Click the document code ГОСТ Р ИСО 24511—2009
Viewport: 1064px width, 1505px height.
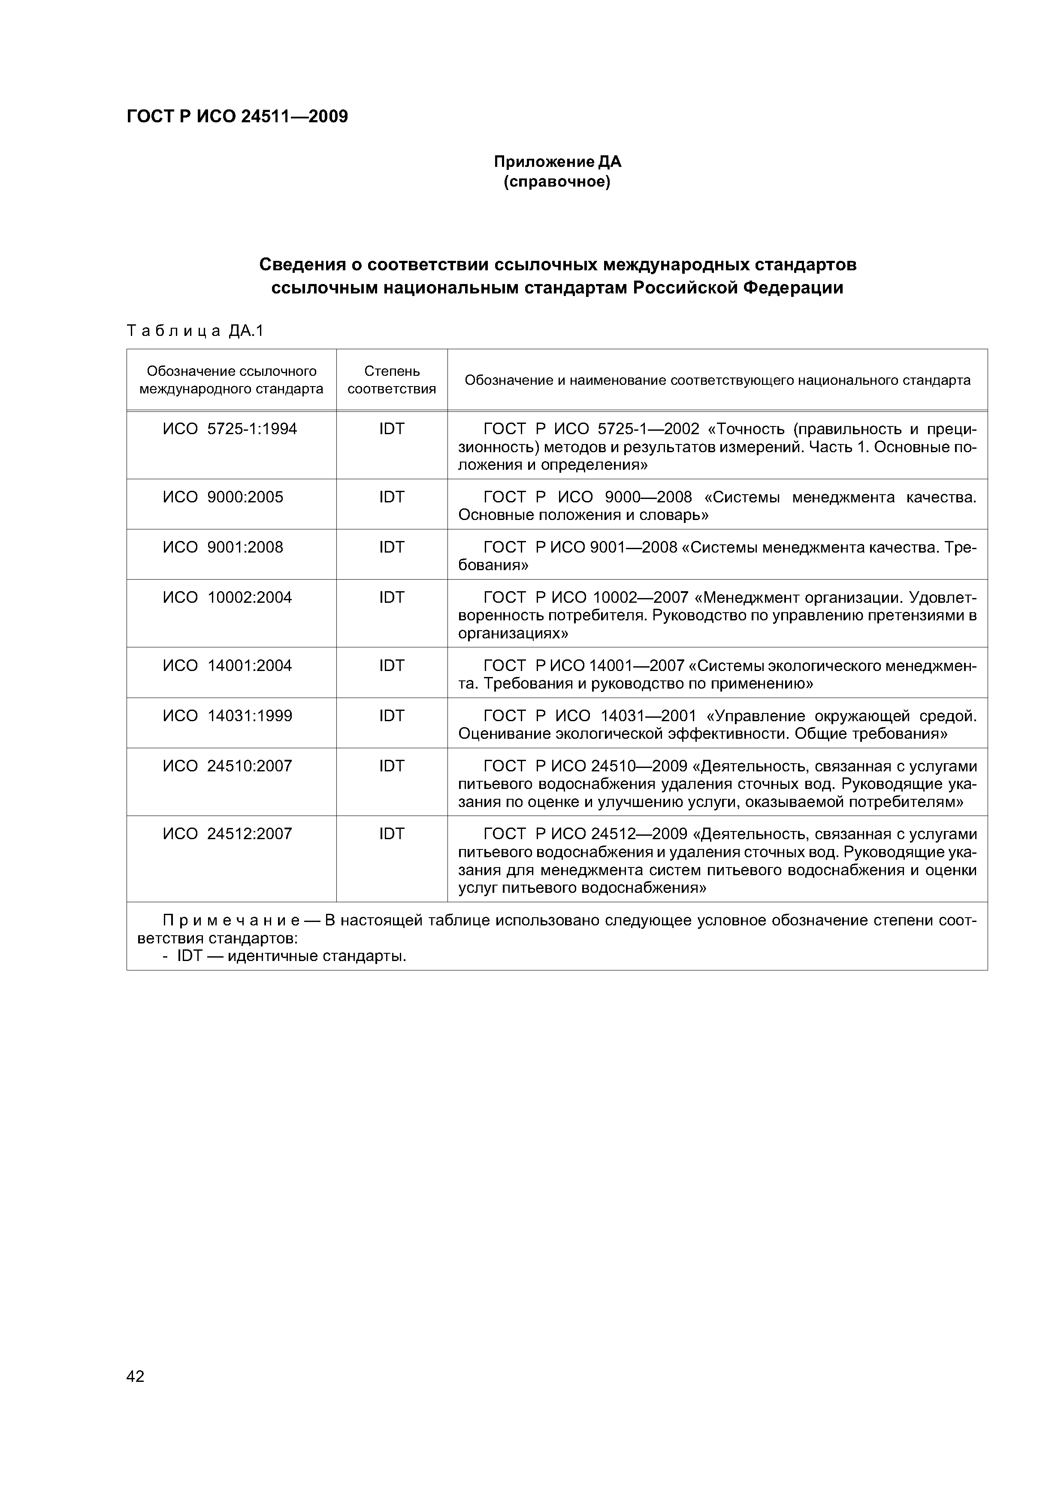237,117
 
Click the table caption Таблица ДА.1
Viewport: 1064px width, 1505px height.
195,331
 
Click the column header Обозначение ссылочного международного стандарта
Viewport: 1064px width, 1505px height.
231,380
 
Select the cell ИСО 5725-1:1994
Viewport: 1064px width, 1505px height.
230,429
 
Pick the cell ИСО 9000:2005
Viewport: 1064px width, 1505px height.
223,497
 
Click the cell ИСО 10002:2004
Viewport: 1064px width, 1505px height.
227,597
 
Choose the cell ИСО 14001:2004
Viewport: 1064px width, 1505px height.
227,665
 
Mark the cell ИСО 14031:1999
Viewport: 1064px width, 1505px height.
227,716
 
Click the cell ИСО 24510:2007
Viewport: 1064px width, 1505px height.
227,766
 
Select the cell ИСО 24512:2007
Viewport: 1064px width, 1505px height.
227,834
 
